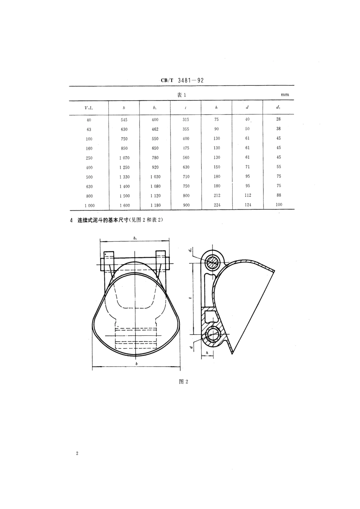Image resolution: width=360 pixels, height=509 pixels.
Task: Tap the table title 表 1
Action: pos(182,95)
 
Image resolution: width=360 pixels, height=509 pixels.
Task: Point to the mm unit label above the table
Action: pos(285,95)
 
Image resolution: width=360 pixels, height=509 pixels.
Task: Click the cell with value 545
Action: pos(124,120)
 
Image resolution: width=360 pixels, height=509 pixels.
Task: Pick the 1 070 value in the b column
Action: pos(124,158)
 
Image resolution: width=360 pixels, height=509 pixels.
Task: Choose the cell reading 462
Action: pos(155,129)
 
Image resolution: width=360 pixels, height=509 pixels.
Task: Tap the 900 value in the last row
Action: pos(186,205)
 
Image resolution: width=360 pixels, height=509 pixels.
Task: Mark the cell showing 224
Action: pos(216,205)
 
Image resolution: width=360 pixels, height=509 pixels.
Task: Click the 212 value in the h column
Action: pos(216,196)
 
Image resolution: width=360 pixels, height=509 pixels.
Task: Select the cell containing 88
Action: pos(279,196)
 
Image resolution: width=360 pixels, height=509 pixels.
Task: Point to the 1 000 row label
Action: pos(89,205)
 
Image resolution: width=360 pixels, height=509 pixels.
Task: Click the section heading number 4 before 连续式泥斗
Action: pos(71,220)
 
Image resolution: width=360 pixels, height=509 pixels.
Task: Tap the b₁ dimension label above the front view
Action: pos(135,238)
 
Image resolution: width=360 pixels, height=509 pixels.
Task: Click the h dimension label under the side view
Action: pos(207,352)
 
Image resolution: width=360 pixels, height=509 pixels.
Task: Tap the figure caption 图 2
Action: pos(183,381)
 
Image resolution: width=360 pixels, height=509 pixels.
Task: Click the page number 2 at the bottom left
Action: pos(77,453)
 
